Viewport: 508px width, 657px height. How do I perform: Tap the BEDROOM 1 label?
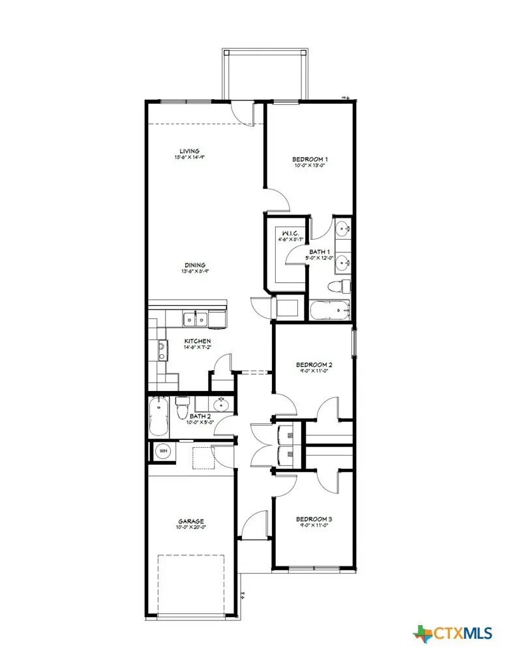[x=309, y=159]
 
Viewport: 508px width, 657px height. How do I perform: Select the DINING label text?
[x=195, y=265]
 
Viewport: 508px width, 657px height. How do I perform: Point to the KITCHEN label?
[x=197, y=342]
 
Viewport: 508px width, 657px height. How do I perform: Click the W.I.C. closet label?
[x=289, y=233]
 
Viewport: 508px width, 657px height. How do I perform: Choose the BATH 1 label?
[x=320, y=252]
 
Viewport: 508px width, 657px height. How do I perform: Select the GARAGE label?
[x=192, y=521]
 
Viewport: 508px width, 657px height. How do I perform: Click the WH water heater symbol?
[x=163, y=450]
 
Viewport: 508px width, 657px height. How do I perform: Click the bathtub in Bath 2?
[x=159, y=418]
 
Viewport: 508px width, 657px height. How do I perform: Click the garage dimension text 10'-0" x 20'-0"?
[x=192, y=528]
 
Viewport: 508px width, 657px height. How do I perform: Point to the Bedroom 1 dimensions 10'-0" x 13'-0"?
[x=309, y=166]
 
